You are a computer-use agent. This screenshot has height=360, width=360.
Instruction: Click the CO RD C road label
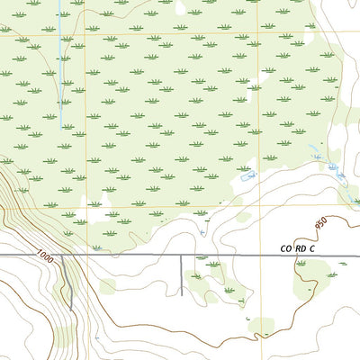298,247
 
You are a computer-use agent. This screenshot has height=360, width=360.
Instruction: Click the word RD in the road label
300,247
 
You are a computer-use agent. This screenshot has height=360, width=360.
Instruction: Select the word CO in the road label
284,247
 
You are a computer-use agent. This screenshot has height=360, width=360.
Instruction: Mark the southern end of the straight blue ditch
61,127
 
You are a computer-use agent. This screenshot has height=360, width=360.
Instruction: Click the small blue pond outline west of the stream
250,174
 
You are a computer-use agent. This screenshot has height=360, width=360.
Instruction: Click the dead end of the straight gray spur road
182,294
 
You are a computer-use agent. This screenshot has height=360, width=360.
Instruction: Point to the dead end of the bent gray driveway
72,310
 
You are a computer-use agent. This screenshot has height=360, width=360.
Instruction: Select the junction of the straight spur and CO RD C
182,256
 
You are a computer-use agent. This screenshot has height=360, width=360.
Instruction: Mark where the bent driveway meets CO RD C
60,256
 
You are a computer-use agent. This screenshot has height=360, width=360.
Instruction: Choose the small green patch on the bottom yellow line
261,326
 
